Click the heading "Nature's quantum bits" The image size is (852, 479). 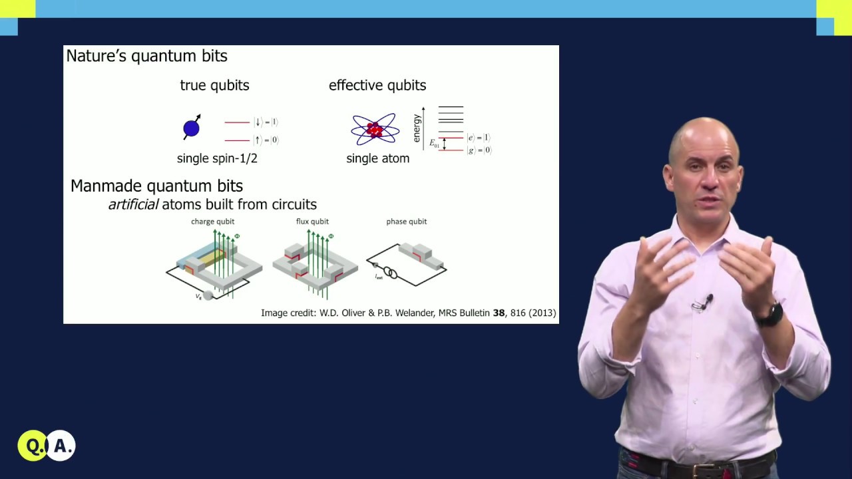(x=146, y=56)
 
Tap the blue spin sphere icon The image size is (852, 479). (x=192, y=127)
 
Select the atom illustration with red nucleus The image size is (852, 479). (x=375, y=129)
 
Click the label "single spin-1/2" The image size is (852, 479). (x=217, y=158)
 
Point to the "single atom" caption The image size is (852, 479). (x=377, y=158)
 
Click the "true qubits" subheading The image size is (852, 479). (x=214, y=85)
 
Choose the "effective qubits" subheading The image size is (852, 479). (x=377, y=85)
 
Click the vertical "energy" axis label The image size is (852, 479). (x=417, y=128)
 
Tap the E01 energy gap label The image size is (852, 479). (x=434, y=143)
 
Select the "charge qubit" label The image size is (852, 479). (x=213, y=222)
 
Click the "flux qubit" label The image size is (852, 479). (x=312, y=222)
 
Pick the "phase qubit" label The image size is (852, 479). (x=407, y=222)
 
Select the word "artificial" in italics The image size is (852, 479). (x=133, y=204)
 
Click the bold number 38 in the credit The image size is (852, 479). (x=499, y=313)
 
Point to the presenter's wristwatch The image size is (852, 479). (x=770, y=314)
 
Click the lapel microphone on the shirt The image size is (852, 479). (x=703, y=303)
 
